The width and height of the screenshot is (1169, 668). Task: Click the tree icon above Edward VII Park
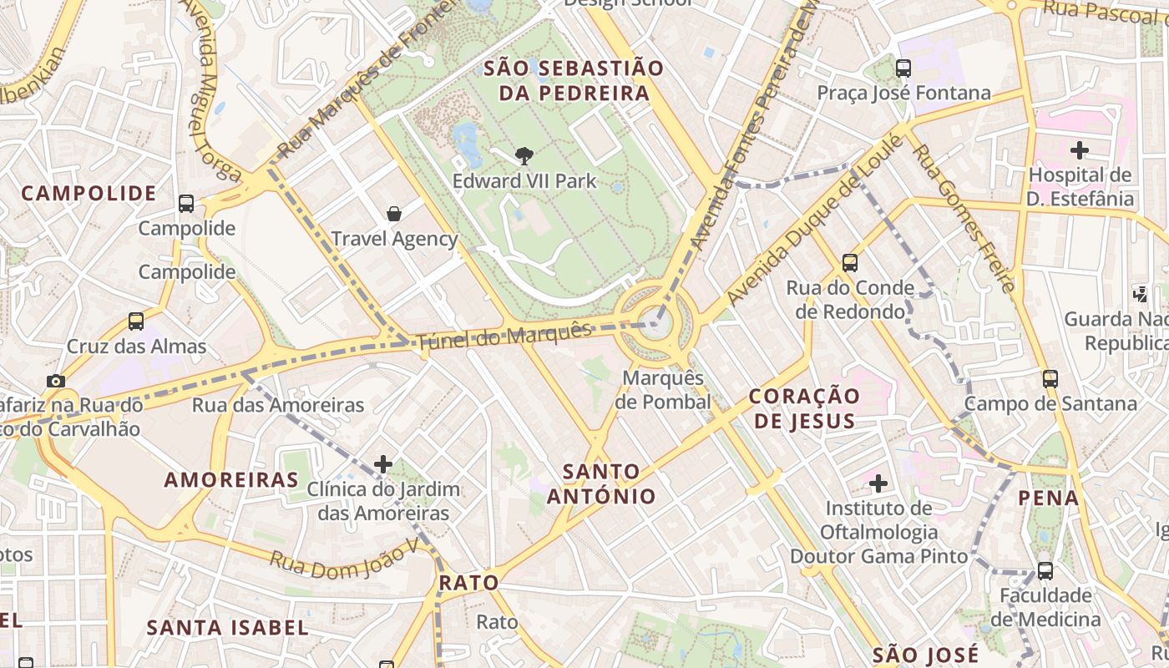[524, 154]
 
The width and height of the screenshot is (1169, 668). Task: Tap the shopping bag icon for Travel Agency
[394, 214]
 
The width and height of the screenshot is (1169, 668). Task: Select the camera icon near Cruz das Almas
[56, 381]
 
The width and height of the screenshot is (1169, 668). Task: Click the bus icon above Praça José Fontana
[903, 68]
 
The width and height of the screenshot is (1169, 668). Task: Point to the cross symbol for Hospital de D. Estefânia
[1080, 150]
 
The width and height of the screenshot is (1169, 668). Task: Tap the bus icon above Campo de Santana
[1050, 378]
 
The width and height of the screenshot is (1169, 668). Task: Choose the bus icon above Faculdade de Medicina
[1045, 571]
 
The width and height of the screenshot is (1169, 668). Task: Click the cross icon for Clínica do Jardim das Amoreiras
[383, 463]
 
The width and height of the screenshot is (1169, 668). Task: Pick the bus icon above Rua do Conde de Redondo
[850, 263]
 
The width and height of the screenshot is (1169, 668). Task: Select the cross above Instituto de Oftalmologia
[878, 483]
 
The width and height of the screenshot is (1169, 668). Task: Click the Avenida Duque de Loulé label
[814, 219]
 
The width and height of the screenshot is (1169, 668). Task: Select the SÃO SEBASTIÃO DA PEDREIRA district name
[574, 80]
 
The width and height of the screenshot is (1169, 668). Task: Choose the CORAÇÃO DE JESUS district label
[804, 407]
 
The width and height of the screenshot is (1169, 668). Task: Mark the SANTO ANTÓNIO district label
[601, 483]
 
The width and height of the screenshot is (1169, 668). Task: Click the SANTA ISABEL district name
[227, 627]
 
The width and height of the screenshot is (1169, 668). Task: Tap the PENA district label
[1048, 498]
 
